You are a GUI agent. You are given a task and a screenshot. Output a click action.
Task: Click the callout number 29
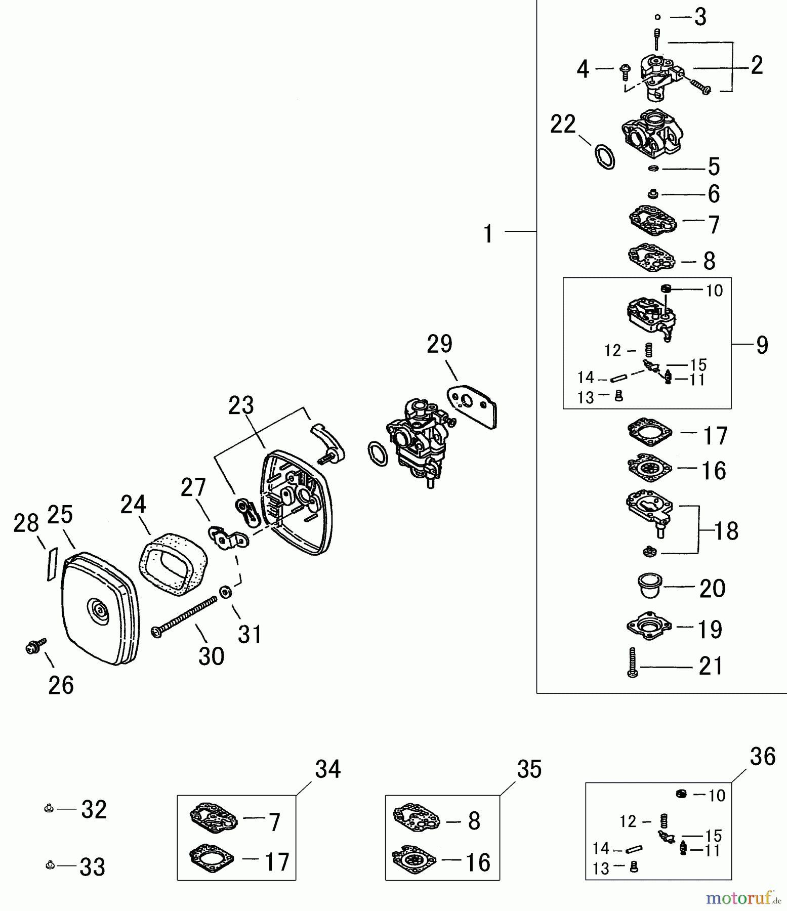click(x=439, y=345)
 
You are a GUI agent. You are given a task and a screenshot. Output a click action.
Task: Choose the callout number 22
click(x=563, y=125)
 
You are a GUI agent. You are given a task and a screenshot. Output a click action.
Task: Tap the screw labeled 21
click(x=632, y=662)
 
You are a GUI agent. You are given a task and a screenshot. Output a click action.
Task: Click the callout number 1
click(x=488, y=234)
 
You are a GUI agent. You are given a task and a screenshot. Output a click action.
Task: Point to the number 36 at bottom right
click(x=762, y=757)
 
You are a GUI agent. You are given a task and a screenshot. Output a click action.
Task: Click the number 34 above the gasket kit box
click(x=327, y=769)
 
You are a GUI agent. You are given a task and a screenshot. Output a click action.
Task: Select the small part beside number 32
click(x=48, y=809)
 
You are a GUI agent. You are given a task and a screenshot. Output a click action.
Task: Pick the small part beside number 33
click(x=50, y=866)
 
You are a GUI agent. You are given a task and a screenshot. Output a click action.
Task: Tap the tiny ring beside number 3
click(x=657, y=17)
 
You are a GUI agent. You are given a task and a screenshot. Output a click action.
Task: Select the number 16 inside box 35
click(x=477, y=862)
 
